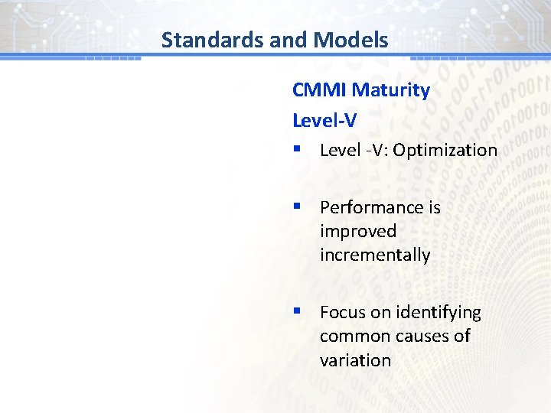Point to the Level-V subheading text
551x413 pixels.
coord(324,120)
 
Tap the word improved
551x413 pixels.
coord(358,231)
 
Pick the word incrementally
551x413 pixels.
coord(375,255)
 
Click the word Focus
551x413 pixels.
coord(341,313)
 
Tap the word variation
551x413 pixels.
coord(355,360)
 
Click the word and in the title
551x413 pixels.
coord(286,40)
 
